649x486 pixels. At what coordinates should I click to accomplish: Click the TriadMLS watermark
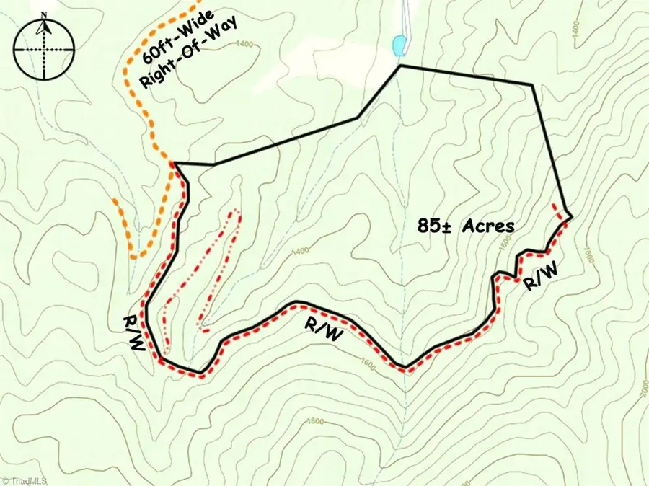(25, 479)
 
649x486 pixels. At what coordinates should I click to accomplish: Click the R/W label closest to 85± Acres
(539, 279)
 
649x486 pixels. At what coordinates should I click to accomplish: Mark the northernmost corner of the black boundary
(400, 66)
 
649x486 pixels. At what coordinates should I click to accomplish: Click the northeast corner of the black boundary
(532, 85)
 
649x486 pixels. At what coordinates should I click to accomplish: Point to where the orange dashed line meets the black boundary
(174, 164)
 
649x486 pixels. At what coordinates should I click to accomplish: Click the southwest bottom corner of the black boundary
(200, 374)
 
